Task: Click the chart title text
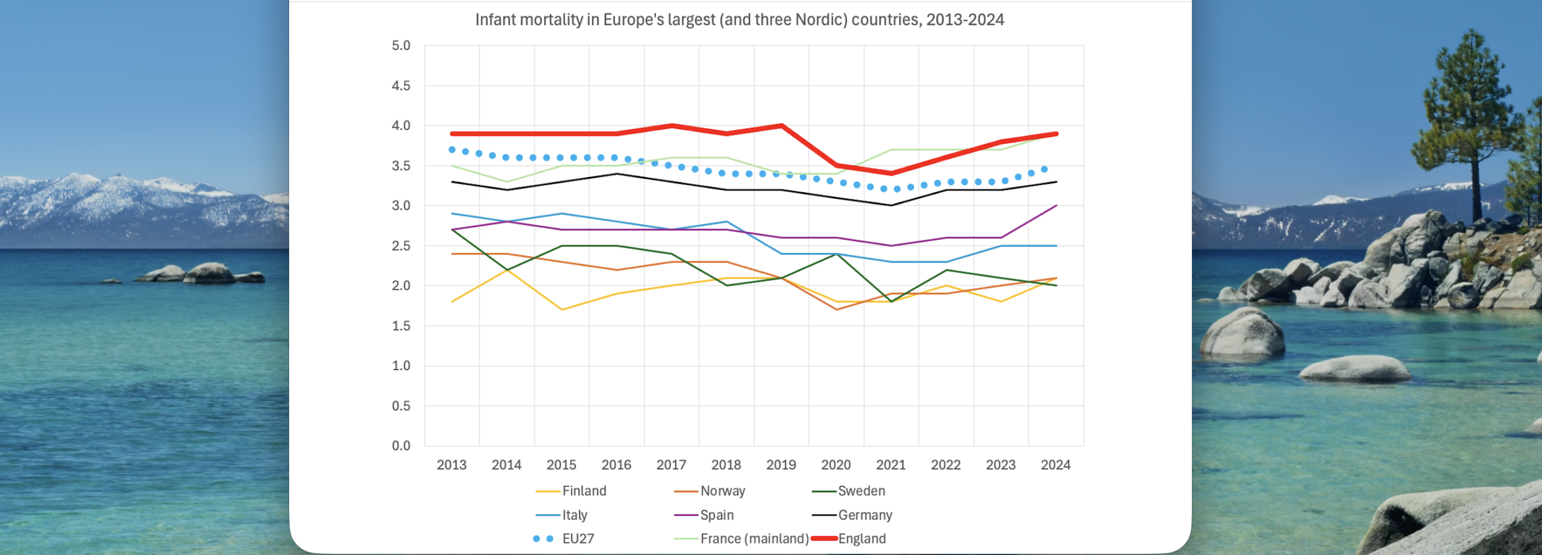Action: [739, 20]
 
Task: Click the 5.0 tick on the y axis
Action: [401, 46]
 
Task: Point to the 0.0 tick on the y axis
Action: [401, 446]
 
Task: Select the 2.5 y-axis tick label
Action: [401, 246]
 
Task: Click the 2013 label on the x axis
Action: [451, 465]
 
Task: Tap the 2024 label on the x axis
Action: [1055, 465]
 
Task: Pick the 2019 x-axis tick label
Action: [781, 465]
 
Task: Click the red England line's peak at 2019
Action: [781, 126]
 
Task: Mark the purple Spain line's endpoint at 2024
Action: [1056, 206]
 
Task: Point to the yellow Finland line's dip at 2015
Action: [561, 310]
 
